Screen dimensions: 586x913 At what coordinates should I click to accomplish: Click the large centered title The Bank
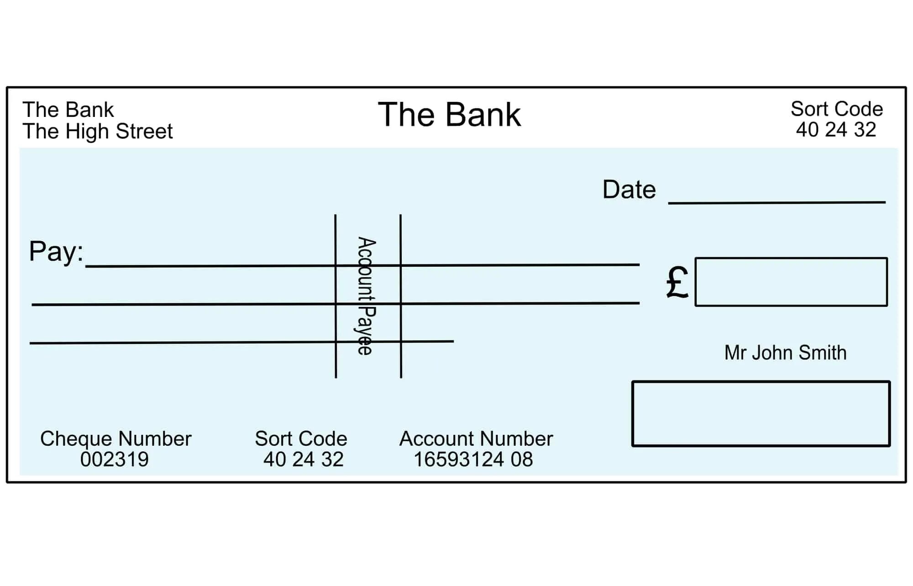tap(449, 115)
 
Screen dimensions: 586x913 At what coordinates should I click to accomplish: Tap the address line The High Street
tap(97, 132)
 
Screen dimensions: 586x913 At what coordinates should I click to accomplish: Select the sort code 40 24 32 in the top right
tap(836, 130)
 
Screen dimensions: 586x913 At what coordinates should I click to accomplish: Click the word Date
tap(629, 190)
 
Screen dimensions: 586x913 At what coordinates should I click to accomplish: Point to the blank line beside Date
tap(776, 201)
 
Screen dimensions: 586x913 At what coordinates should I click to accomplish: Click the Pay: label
tap(56, 252)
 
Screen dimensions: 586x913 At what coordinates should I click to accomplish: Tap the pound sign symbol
tap(677, 283)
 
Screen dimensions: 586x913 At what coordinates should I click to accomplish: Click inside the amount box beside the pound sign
tap(791, 282)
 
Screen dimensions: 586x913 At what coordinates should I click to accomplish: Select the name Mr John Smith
tap(785, 353)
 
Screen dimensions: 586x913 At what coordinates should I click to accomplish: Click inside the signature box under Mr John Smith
tap(761, 414)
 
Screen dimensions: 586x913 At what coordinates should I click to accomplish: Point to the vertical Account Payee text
tap(366, 296)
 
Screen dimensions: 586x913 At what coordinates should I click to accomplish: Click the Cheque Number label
tap(115, 439)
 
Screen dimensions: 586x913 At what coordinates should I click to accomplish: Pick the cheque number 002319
tap(114, 459)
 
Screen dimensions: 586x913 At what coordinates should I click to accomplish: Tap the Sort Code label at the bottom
tap(301, 439)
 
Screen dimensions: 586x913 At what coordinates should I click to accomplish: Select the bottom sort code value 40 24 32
tap(303, 459)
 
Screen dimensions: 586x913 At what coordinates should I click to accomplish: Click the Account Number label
tap(476, 439)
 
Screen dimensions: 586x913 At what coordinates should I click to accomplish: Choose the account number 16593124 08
tap(473, 459)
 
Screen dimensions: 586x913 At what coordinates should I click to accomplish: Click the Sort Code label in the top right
tap(836, 109)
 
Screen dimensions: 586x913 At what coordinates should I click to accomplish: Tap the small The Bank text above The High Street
tap(68, 110)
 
